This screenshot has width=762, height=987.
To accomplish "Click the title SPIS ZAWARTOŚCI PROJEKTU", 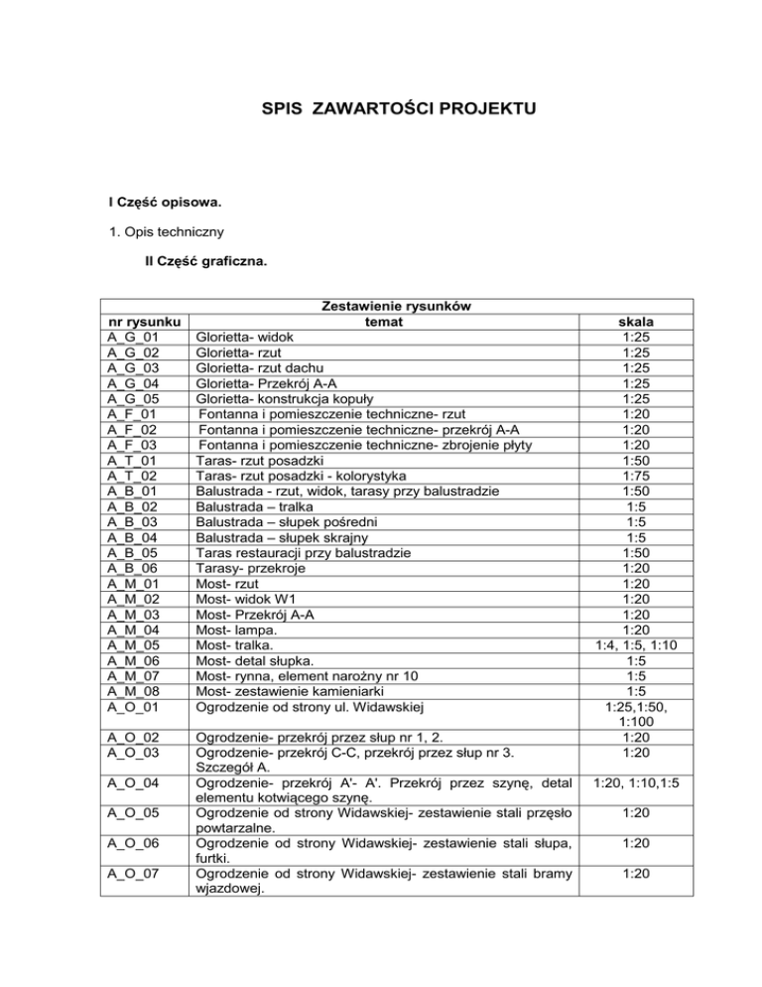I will [x=381, y=107].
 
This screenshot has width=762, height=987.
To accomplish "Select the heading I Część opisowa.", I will [x=165, y=203].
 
